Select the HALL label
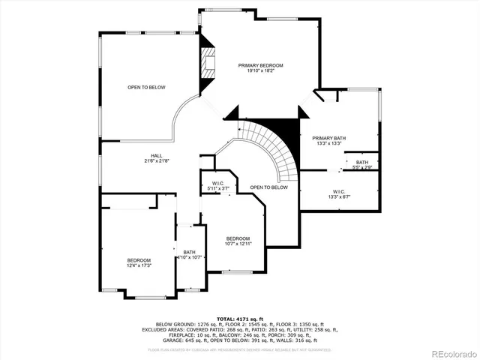click(x=157, y=155)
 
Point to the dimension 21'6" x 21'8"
click(x=157, y=160)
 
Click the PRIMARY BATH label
click(x=329, y=138)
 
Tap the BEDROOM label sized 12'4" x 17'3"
click(x=139, y=260)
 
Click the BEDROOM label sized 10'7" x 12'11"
click(x=238, y=238)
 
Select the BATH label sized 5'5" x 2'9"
click(x=362, y=162)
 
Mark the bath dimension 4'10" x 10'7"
click(x=188, y=257)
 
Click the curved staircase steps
click(x=277, y=150)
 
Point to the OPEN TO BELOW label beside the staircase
click(x=268, y=187)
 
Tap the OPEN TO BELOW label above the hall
click(x=146, y=88)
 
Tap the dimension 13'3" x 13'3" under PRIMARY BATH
click(x=329, y=143)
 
